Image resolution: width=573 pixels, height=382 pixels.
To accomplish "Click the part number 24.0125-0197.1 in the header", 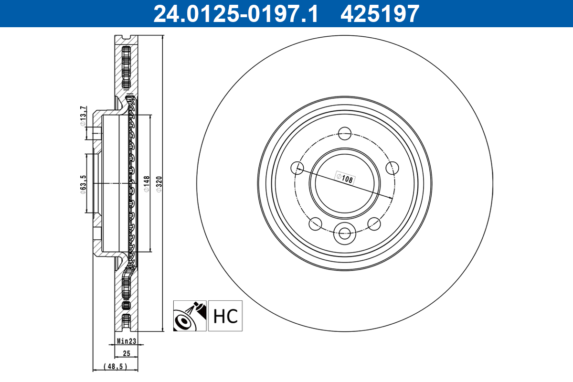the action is pyautogui.click(x=235, y=14).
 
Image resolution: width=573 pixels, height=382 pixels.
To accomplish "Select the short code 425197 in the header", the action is pyautogui.click(x=380, y=14).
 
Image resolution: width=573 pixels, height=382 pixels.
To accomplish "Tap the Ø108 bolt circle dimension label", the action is pyautogui.click(x=345, y=178).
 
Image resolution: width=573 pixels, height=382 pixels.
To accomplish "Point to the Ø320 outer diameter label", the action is pyautogui.click(x=159, y=184).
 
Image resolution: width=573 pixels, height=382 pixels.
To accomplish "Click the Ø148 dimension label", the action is pyautogui.click(x=146, y=184).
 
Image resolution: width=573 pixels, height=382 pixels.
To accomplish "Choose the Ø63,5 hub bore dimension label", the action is pyautogui.click(x=83, y=184).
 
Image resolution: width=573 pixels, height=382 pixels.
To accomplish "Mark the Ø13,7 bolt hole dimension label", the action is pyautogui.click(x=83, y=116).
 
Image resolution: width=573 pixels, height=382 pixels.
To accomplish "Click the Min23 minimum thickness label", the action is pyautogui.click(x=127, y=341).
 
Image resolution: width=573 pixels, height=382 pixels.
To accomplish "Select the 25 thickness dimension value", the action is pyautogui.click(x=127, y=353).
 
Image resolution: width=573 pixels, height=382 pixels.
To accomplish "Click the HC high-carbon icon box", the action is pyautogui.click(x=225, y=316).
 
